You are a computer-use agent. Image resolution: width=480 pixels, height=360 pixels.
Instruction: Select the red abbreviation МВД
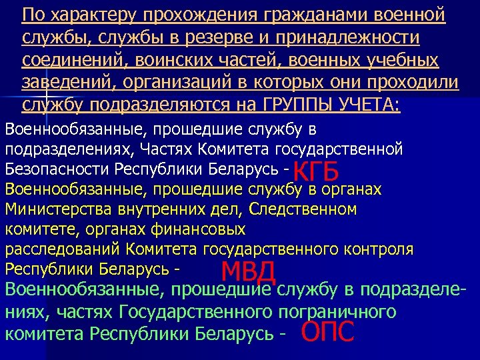(248, 272)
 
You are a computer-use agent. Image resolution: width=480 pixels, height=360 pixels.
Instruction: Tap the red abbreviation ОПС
(327, 331)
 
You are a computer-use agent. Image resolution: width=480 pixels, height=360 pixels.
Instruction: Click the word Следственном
(303, 210)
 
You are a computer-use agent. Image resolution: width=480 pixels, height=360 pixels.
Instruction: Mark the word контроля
(382, 250)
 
